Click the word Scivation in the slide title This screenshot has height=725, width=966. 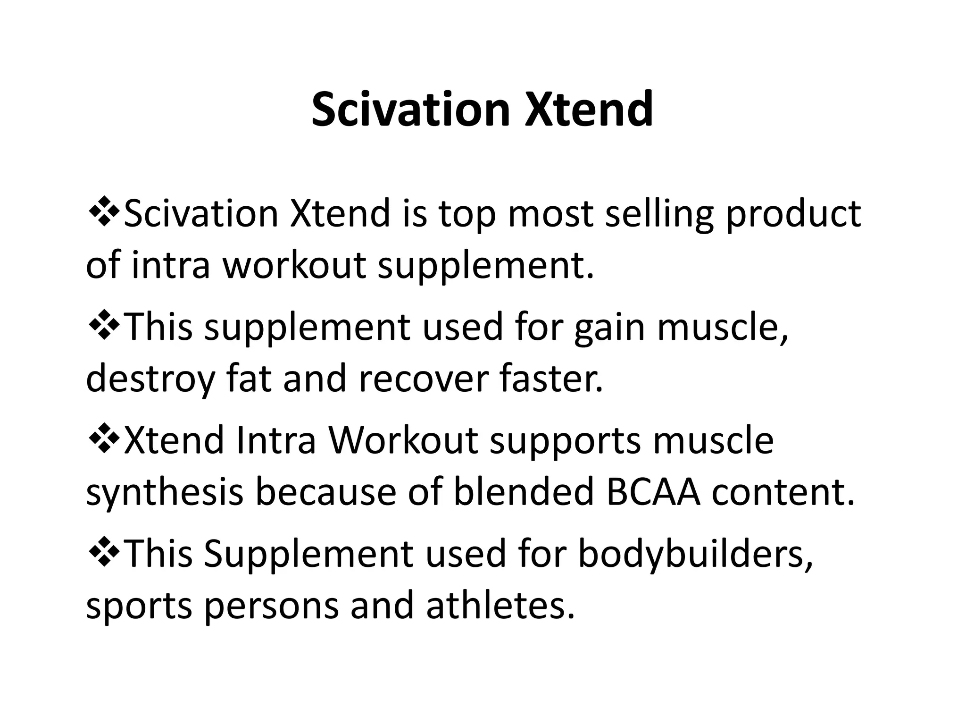point(411,110)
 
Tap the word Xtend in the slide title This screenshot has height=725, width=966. point(589,110)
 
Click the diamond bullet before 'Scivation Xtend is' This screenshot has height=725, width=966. point(104,211)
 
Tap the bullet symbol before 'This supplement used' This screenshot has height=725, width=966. point(104,325)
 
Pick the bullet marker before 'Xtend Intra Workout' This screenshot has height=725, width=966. point(104,438)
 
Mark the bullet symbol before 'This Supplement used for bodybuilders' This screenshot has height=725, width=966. point(104,552)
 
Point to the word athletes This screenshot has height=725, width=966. point(500,605)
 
